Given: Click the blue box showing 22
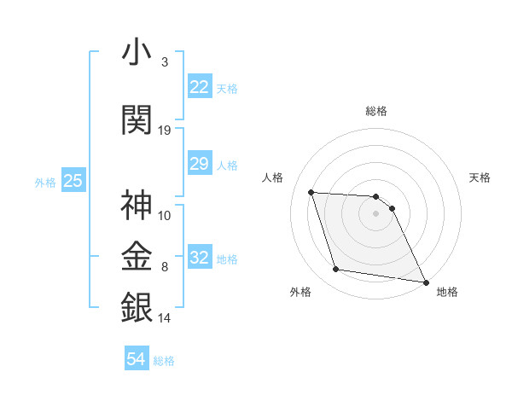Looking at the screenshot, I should [x=199, y=87].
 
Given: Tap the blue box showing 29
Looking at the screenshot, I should [x=199, y=164].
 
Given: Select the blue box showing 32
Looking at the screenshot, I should [x=199, y=258].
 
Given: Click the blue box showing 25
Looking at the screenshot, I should [x=73, y=180].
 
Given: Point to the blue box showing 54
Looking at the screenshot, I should [x=136, y=359].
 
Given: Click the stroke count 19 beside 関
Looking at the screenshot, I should [x=165, y=131].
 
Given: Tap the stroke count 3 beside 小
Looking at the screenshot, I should [x=165, y=62].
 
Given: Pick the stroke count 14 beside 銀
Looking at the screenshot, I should [x=165, y=318].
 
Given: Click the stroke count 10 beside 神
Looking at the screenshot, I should [x=165, y=216].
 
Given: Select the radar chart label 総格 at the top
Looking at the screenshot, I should [x=376, y=111].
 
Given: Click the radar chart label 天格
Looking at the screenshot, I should [x=480, y=177].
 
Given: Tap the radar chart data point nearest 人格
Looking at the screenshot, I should [x=311, y=192].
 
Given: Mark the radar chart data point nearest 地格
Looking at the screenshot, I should [x=425, y=282].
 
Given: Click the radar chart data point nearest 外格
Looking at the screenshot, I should [x=336, y=270].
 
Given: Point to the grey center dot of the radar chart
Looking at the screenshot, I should [x=376, y=213].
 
